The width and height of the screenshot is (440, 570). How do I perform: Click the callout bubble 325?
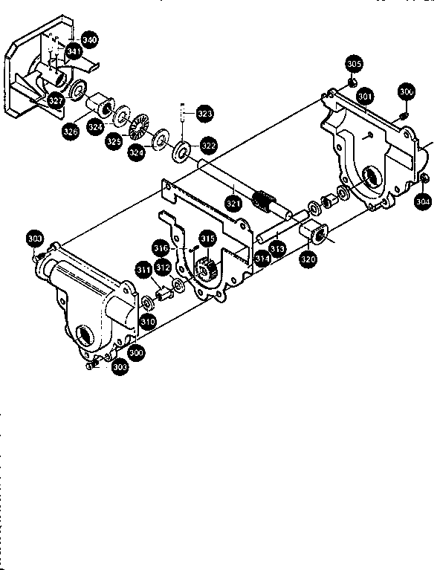click(x=114, y=141)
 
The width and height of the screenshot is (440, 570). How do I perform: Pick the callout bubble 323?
click(x=205, y=113)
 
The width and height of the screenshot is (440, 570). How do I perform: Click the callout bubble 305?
click(x=355, y=63)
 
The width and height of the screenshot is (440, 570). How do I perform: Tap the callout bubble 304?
click(x=422, y=200)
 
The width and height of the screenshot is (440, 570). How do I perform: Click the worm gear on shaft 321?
click(x=264, y=201)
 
